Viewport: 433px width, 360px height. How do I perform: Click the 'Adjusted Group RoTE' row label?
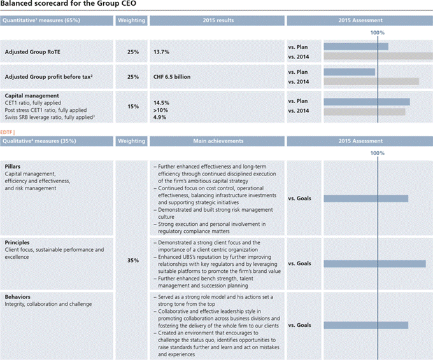[x=32, y=52]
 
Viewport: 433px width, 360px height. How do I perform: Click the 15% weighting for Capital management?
[x=132, y=106]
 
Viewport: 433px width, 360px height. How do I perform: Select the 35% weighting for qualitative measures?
[x=132, y=260]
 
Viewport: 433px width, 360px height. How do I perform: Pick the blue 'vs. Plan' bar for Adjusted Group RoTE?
[x=356, y=46]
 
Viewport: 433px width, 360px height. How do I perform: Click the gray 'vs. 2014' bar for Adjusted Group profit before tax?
[x=371, y=81]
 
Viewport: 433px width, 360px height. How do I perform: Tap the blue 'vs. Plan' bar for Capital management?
[x=367, y=102]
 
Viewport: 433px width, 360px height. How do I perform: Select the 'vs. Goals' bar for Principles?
[x=374, y=263]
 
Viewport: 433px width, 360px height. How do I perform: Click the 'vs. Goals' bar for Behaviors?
[x=366, y=325]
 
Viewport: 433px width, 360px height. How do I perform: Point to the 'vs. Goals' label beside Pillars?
[x=299, y=198]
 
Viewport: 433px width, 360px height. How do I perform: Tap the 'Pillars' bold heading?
[x=13, y=165]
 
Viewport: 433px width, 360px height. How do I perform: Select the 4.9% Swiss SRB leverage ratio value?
[x=160, y=117]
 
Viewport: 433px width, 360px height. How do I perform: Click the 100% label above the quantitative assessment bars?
[x=378, y=32]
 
